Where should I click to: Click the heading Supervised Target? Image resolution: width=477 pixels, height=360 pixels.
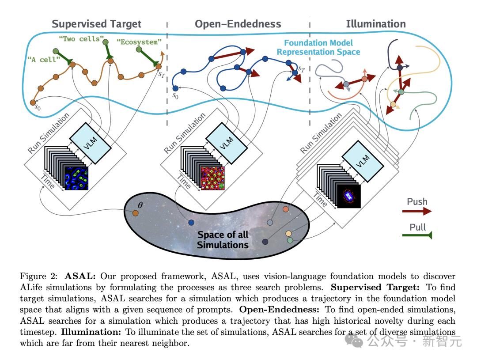tap(96, 24)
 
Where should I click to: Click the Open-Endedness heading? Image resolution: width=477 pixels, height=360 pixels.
tap(238, 24)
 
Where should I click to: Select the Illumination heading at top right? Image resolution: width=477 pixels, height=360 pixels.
tap(375, 24)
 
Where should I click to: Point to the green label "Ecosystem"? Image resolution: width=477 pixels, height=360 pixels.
tap(139, 42)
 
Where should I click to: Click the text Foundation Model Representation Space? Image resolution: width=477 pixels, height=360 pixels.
tap(318, 47)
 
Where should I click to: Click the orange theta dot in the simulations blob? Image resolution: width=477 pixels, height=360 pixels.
tap(136, 213)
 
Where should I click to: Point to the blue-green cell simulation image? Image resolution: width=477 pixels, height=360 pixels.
tap(77, 178)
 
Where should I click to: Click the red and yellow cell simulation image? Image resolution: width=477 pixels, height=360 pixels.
tap(213, 178)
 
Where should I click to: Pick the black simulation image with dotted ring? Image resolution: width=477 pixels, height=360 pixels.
tap(349, 196)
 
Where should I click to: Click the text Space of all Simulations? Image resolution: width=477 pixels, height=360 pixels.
tap(223, 239)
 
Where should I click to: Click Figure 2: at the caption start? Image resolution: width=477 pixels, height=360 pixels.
tap(40, 277)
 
